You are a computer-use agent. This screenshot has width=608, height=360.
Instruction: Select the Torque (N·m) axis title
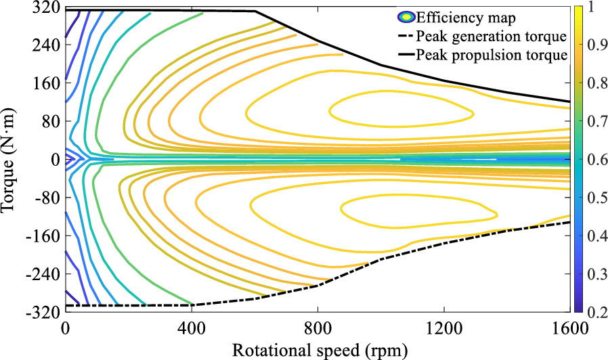[x=9, y=160]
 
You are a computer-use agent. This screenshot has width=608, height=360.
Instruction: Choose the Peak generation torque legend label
[x=491, y=36]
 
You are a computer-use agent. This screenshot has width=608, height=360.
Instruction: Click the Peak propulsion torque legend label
[x=491, y=55]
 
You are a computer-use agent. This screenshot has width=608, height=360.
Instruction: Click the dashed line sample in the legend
[x=405, y=36]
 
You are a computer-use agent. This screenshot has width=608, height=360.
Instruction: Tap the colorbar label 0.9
[x=590, y=46]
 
